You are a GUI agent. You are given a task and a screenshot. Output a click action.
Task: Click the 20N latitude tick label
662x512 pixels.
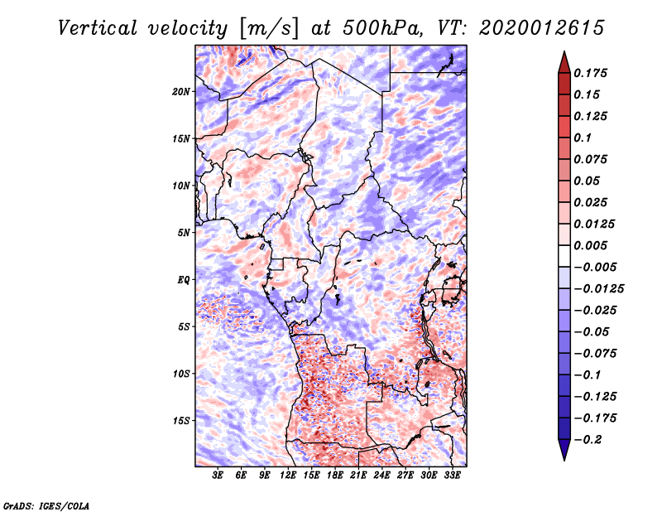(x=181, y=91)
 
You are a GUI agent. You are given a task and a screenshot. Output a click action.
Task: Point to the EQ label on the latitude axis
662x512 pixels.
(x=183, y=280)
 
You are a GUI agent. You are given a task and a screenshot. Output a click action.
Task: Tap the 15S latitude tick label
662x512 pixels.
(x=181, y=421)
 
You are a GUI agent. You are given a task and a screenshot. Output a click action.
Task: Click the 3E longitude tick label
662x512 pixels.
(x=218, y=476)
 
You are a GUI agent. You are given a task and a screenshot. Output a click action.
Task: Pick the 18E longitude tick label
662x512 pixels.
(x=335, y=476)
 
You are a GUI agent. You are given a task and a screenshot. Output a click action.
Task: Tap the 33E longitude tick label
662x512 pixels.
(x=452, y=476)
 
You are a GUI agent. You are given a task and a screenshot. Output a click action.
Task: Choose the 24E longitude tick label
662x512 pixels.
(x=381, y=476)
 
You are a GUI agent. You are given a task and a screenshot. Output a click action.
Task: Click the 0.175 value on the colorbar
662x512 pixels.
(x=592, y=73)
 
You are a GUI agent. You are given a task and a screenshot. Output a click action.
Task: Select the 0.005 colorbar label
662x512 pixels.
(x=592, y=245)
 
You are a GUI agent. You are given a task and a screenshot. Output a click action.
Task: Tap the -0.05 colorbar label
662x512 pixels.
(x=592, y=331)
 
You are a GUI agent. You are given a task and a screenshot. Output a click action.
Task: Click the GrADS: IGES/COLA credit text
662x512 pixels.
(x=46, y=505)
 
